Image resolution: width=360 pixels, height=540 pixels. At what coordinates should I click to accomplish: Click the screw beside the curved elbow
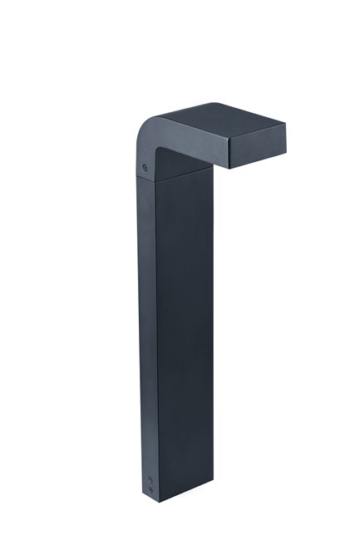(146, 168)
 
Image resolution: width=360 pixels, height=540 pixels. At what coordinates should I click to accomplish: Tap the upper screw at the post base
(150, 479)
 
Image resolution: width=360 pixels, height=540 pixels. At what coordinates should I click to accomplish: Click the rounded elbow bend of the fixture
(143, 137)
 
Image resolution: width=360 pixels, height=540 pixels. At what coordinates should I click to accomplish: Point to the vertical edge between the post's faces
(156, 332)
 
